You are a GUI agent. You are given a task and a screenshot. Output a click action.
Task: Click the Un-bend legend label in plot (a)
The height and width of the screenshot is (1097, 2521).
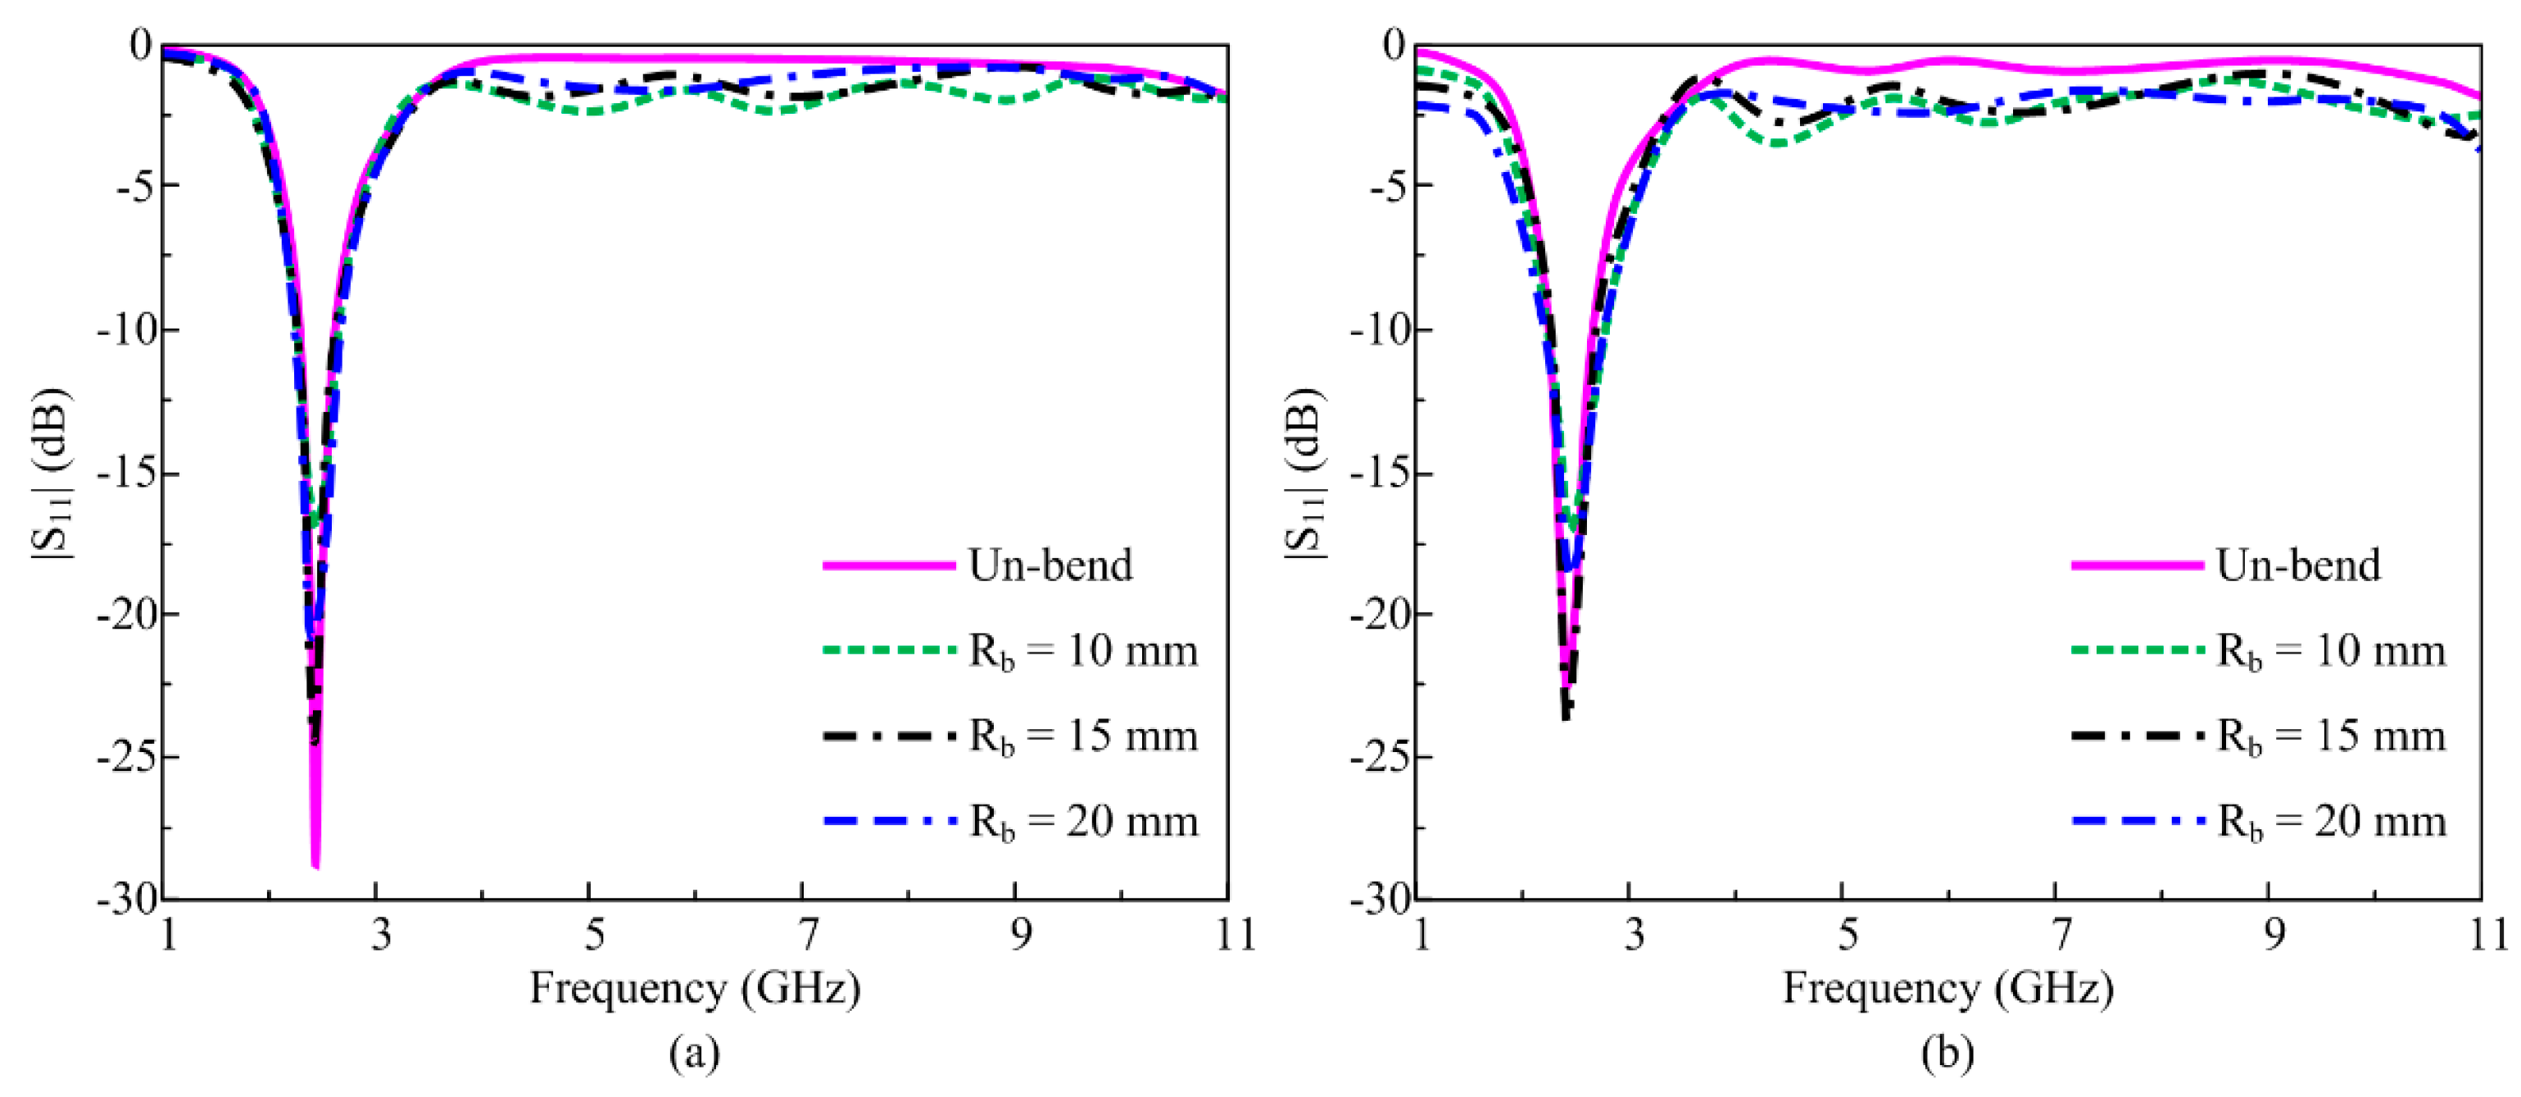click(1050, 565)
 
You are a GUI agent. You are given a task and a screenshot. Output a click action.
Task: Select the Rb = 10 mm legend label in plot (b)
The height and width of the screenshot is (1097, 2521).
click(2330, 650)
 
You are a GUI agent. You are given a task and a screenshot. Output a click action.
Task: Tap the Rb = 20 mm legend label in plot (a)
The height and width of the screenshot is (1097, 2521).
click(1082, 821)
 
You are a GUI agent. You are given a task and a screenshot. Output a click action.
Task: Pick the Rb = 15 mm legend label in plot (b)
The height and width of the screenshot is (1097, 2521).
click(2330, 736)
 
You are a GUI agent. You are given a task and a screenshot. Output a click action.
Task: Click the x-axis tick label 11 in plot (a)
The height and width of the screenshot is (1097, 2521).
click(1235, 935)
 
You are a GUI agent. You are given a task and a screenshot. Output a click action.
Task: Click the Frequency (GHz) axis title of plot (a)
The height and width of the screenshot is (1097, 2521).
click(695, 988)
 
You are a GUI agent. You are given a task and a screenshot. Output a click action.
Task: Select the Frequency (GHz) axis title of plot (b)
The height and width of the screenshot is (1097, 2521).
click(1947, 988)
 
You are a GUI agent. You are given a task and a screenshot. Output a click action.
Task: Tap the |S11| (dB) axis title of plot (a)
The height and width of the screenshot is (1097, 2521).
click(51, 474)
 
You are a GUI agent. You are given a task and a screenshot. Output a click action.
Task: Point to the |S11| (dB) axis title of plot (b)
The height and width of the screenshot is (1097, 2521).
click(1304, 474)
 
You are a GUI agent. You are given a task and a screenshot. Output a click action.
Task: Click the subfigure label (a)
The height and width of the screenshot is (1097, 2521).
click(695, 1053)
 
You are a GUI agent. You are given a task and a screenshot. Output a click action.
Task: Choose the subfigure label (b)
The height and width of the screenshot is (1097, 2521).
click(1947, 1053)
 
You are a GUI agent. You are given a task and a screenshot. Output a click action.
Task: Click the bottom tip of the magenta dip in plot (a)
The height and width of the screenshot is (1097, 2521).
click(315, 866)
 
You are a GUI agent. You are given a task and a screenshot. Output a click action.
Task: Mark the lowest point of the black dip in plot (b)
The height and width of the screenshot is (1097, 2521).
click(1566, 719)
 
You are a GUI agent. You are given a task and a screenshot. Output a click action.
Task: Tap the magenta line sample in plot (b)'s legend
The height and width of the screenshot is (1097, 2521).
click(2137, 565)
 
